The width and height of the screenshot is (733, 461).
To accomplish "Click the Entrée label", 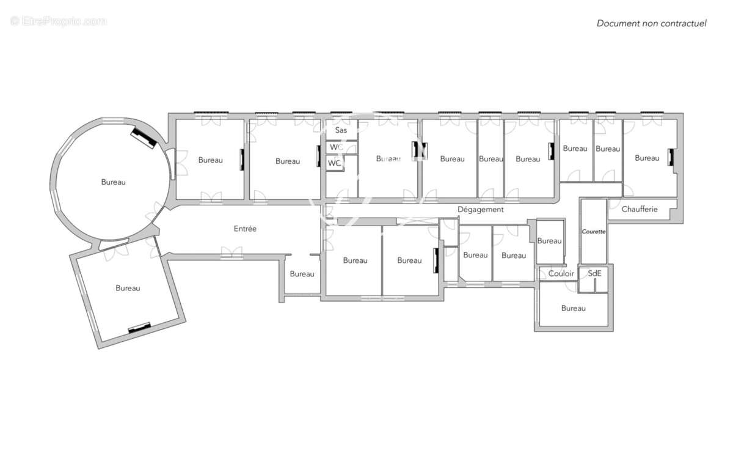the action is [x=245, y=229].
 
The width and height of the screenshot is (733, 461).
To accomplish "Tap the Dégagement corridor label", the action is [x=480, y=210].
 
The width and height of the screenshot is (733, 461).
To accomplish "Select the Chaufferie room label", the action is [x=640, y=209].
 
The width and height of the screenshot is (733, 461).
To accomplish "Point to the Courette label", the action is [x=594, y=232].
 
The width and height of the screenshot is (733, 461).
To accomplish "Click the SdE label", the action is [x=594, y=273].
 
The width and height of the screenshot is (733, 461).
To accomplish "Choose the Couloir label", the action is [x=561, y=273].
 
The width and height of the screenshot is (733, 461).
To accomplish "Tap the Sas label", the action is [x=341, y=130].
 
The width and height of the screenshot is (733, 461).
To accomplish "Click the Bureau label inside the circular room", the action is [x=113, y=182].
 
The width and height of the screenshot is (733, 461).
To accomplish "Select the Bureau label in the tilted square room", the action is [x=128, y=289].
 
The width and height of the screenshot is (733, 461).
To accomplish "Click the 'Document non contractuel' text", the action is [x=652, y=24].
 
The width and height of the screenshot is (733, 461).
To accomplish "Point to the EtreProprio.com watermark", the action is [x=58, y=21].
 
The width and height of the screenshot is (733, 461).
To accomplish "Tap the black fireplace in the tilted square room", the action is [x=139, y=328].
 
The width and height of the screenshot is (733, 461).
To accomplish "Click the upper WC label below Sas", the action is [x=337, y=147].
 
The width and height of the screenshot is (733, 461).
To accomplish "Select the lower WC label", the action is [x=335, y=163].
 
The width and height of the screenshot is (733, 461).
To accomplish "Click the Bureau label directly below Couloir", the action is [x=574, y=308].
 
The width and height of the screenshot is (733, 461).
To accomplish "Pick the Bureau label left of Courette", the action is [x=549, y=241].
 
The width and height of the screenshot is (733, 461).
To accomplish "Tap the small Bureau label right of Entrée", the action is [x=302, y=274].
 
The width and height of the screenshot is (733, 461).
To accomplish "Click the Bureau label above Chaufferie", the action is [x=647, y=158].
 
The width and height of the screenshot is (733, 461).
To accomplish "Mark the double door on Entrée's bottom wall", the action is [x=232, y=253].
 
